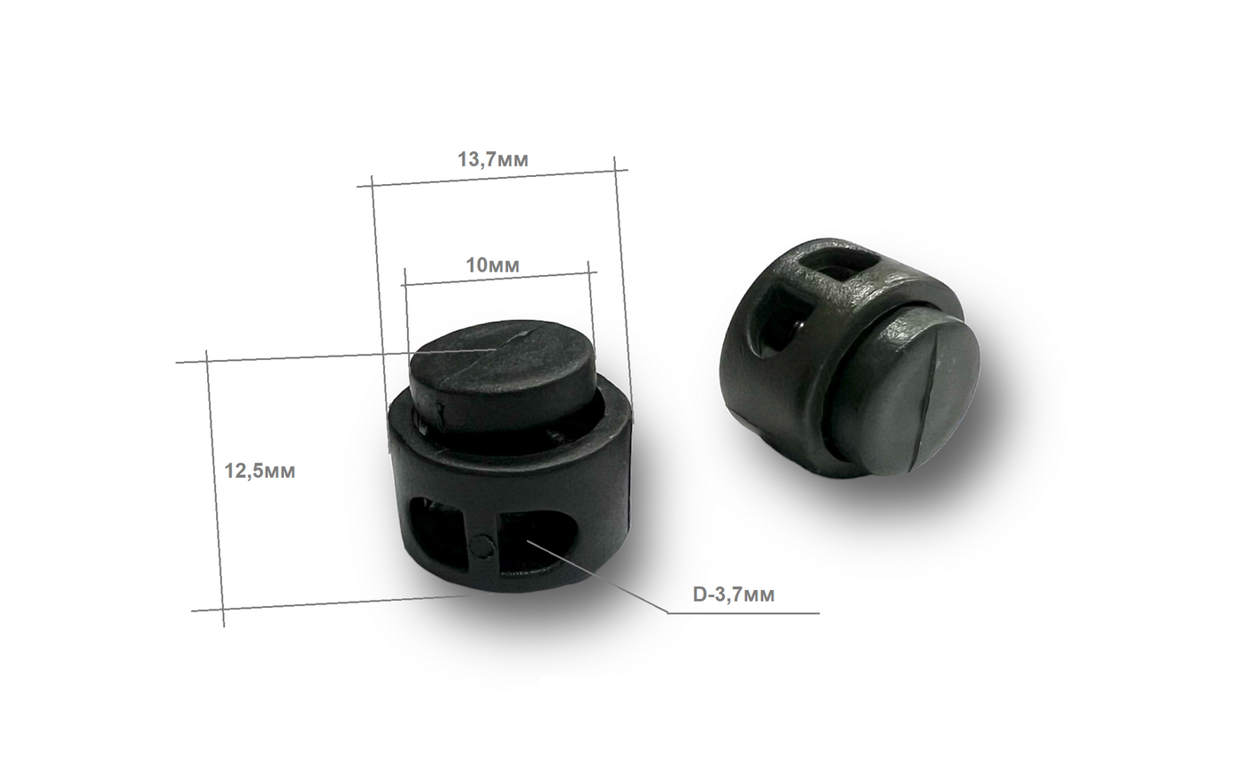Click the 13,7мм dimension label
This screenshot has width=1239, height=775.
493,160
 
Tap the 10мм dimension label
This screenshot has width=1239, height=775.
493,265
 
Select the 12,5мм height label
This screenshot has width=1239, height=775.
259,471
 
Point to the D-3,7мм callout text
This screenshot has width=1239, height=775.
734,595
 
